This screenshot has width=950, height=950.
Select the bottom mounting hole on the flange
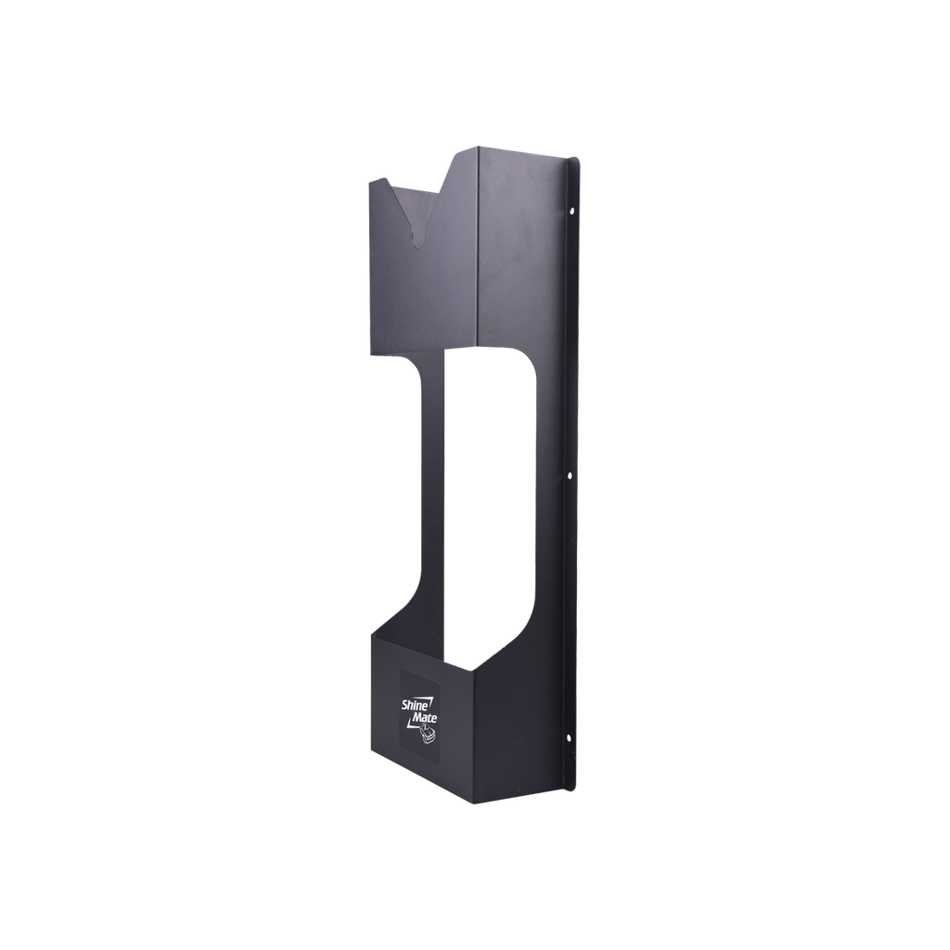pyautogui.click(x=565, y=738)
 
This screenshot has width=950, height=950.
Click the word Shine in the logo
pyautogui.click(x=413, y=705)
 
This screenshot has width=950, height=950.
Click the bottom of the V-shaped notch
pyautogui.click(x=418, y=247)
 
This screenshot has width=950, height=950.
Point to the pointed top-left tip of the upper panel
pyautogui.click(x=369, y=181)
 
